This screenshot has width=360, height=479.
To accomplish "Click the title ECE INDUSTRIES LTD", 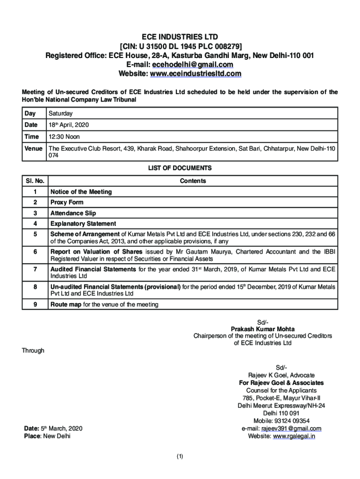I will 180,37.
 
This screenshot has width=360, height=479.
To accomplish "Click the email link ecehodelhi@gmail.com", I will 193,65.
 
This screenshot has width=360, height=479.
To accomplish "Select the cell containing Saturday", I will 61,114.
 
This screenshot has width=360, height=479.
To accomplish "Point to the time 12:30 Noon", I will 64,137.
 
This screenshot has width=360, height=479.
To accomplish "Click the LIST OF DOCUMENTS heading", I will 180,168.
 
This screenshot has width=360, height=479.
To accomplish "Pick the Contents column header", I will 193,181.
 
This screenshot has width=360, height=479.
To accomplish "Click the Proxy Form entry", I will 67,203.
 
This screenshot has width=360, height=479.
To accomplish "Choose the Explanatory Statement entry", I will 83,224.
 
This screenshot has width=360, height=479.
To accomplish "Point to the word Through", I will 33,350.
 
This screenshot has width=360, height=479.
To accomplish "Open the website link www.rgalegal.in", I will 294,436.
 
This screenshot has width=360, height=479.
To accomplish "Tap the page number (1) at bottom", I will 180,457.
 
